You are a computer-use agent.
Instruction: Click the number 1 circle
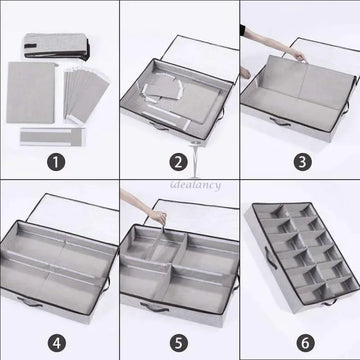coord(59,159)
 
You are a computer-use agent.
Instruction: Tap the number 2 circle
coord(179,159)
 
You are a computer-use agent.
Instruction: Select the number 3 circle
coord(299,159)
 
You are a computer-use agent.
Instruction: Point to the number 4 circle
coord(59,339)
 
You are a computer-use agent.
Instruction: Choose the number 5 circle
coord(179,339)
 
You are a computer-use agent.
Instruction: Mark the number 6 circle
coord(299,339)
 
